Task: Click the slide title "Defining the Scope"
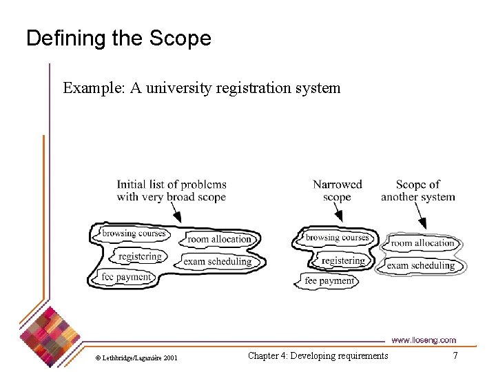(x=118, y=39)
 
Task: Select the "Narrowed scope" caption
(x=337, y=191)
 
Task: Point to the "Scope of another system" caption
(x=418, y=191)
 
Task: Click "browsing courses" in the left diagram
(x=134, y=234)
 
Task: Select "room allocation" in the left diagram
(x=220, y=239)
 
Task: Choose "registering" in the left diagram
(x=140, y=256)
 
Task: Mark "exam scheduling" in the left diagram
(x=217, y=262)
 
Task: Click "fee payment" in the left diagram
(x=126, y=277)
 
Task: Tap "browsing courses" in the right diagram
(x=338, y=238)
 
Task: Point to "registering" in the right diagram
(x=342, y=260)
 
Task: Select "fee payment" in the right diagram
(x=329, y=281)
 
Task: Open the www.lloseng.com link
(x=424, y=340)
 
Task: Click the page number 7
(x=455, y=355)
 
